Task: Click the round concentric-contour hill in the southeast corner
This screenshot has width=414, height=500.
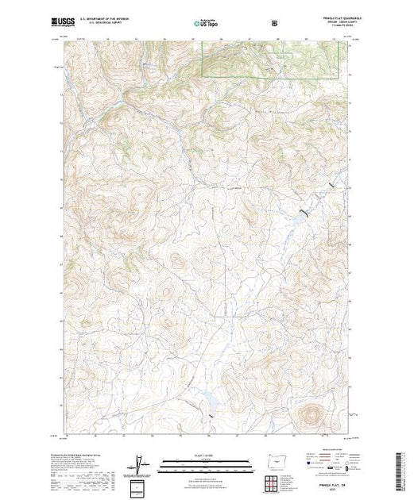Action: [309, 413]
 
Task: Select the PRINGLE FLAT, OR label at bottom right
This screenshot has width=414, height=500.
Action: [329, 483]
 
